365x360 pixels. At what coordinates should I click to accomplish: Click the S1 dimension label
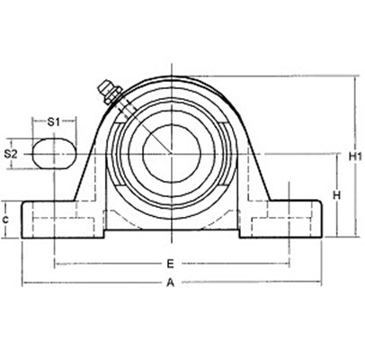coord(53,120)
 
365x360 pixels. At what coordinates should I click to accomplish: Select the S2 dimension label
coord(12,153)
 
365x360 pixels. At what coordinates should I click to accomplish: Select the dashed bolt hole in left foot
coord(55,219)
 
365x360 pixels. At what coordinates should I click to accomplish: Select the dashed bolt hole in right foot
coord(289,219)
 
